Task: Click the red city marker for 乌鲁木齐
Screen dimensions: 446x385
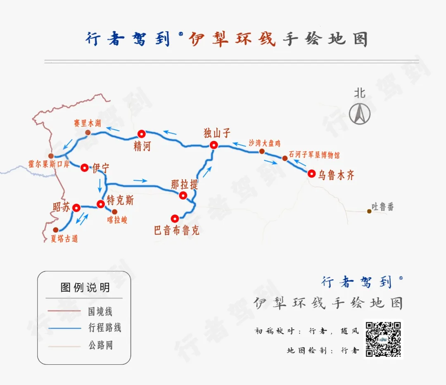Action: click(312, 173)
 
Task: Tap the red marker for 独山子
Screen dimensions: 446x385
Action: click(214, 145)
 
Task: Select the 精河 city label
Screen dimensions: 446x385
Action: click(142, 146)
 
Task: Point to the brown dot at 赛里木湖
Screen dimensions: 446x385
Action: click(88, 133)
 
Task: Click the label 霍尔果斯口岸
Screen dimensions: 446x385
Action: click(49, 164)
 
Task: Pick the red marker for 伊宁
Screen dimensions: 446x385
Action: click(85, 168)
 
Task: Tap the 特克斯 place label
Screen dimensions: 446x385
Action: click(120, 200)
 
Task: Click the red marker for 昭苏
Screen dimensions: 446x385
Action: click(76, 208)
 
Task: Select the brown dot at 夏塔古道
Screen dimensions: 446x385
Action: click(56, 230)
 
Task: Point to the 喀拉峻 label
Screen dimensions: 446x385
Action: click(117, 220)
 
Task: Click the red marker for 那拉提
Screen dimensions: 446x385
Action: click(183, 195)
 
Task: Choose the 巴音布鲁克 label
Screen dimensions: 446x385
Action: click(177, 230)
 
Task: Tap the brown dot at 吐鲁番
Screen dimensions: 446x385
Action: click(369, 211)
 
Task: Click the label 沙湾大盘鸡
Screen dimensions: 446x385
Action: click(265, 143)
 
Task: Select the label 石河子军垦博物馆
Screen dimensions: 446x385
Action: click(314, 155)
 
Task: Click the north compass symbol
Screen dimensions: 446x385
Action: click(360, 114)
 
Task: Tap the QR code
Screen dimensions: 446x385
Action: click(383, 339)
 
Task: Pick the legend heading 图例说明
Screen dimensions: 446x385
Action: click(85, 288)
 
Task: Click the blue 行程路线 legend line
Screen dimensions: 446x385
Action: click(64, 328)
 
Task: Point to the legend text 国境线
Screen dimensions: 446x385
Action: click(100, 311)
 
